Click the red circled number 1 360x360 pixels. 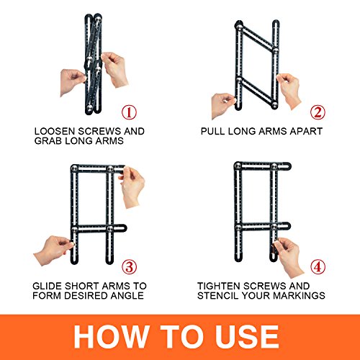pyautogui.click(x=129, y=112)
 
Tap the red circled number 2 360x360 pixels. pyautogui.click(x=318, y=112)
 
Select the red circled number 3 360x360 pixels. pyautogui.click(x=129, y=267)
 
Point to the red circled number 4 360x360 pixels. pyautogui.click(x=318, y=267)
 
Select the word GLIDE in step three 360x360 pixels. pyautogui.click(x=48, y=286)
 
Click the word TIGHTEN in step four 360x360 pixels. pyautogui.click(x=218, y=286)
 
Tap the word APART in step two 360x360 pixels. pyautogui.click(x=306, y=131)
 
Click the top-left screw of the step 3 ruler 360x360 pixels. pyautogui.click(x=74, y=168)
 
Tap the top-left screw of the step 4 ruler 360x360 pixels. pyautogui.click(x=238, y=166)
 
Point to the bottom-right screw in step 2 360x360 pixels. pyautogui.click(x=275, y=104)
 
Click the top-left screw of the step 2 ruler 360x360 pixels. pyautogui.click(x=239, y=27)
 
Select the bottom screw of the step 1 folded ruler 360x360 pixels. pyautogui.click(x=90, y=107)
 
